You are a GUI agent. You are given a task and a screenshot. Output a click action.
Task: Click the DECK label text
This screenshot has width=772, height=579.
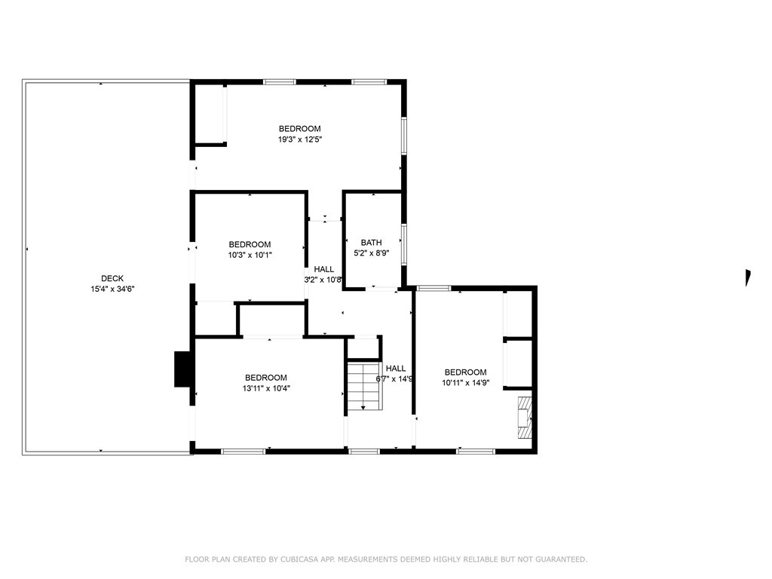pos(112,277)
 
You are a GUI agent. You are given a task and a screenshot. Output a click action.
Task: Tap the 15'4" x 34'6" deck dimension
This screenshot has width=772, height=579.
pos(112,289)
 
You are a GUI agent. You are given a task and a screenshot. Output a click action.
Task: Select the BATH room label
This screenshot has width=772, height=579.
pos(371,243)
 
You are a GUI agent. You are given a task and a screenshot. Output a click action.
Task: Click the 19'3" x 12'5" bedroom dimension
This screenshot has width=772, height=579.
pos(299,139)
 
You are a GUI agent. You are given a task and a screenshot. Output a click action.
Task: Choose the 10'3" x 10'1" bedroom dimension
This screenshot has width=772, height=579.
pos(250,255)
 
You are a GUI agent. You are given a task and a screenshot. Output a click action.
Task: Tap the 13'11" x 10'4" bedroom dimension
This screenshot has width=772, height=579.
pos(265,389)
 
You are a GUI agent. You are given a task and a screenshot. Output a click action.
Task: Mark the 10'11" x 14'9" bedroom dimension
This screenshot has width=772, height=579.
pos(465,383)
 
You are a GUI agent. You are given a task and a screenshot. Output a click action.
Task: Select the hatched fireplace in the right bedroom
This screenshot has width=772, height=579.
pos(524,417)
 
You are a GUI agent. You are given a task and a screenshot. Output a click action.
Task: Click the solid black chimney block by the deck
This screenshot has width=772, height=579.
pos(182,369)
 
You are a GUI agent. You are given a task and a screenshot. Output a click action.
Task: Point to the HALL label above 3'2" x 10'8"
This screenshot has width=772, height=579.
pos(324,269)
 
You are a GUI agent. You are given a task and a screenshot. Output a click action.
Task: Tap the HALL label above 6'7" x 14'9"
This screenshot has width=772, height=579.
pos(396,369)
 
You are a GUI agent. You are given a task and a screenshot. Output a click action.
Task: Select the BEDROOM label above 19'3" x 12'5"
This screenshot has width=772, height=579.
pos(299,129)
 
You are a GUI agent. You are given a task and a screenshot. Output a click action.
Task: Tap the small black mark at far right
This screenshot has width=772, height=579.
pos(748,277)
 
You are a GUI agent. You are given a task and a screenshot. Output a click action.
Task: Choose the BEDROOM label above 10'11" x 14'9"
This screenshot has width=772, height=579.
pos(465,372)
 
